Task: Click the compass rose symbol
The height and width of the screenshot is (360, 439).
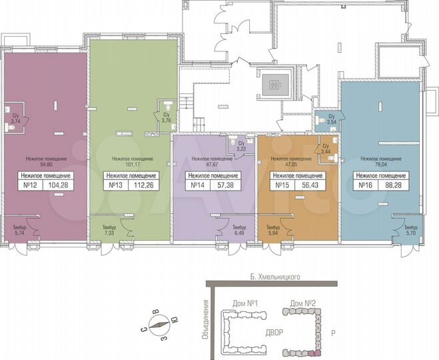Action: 161,327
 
